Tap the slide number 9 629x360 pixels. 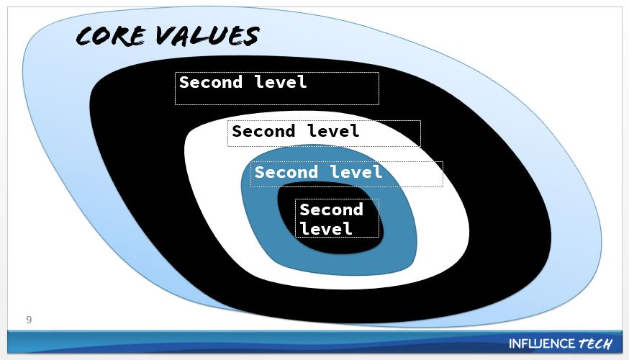coord(29,319)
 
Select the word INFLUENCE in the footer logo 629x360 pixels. coord(542,343)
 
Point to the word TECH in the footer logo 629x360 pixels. coord(595,343)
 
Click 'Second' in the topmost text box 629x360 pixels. coord(210,82)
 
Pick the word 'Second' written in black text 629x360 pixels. coord(263,132)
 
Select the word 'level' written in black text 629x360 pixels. coord(333,132)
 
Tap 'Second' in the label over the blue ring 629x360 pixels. coord(286,173)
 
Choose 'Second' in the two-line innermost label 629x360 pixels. coord(331,210)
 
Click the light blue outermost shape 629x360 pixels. coord(50,144)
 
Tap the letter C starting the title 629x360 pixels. coord(86,37)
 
